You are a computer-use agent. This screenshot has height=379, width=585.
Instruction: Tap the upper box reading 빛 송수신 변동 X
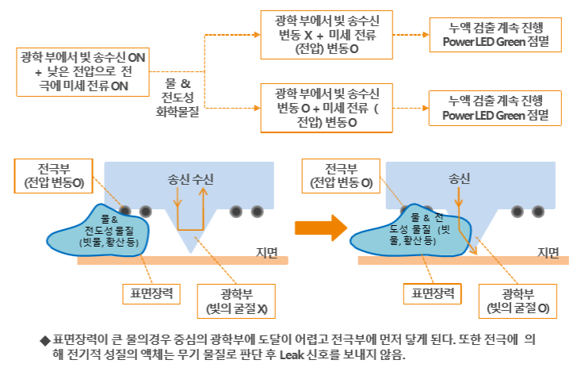(x=328, y=34)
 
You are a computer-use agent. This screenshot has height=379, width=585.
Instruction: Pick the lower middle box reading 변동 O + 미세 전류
(x=328, y=107)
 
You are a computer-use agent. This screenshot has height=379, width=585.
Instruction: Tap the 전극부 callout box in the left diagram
(x=54, y=176)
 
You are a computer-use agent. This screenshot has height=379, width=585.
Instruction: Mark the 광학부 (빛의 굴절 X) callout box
(x=235, y=300)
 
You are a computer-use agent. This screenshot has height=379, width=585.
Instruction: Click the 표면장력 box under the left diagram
(x=151, y=293)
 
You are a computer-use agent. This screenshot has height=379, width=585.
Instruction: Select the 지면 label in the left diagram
(x=267, y=253)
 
